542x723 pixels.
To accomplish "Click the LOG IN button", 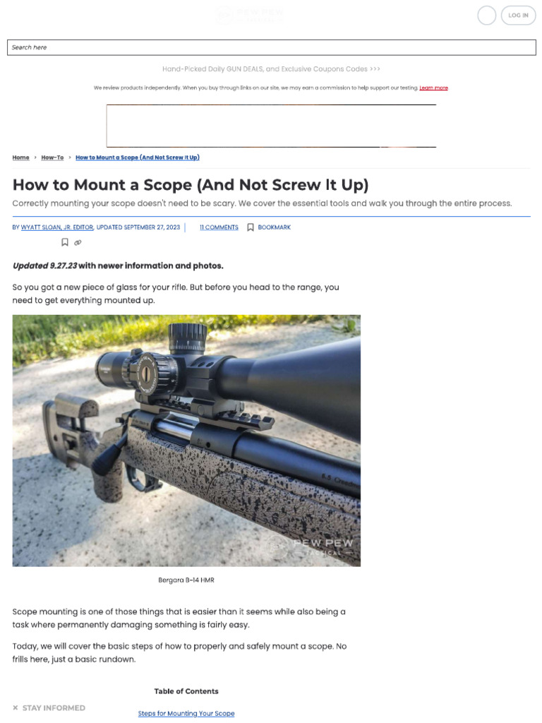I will (518, 16).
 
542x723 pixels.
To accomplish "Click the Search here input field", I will (271, 47).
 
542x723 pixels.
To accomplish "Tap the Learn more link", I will (433, 88).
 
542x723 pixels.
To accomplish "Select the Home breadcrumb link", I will (21, 157).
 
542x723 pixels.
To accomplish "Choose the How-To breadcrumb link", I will (52, 157).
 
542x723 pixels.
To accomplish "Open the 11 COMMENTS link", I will (219, 227).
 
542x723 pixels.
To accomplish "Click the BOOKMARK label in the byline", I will (274, 227).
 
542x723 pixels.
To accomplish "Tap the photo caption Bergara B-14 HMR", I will (186, 580).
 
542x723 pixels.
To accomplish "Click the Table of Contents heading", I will (186, 691).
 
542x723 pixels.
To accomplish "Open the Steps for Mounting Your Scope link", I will (186, 713).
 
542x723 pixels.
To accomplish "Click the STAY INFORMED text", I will (54, 707).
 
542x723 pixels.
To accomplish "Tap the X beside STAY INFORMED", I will (16, 707).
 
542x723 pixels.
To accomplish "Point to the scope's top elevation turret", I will (188, 335).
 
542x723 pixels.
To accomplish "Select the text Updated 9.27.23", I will (44, 265).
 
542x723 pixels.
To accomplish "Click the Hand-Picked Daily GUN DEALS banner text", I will (271, 69).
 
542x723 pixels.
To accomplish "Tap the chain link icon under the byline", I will (78, 243).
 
